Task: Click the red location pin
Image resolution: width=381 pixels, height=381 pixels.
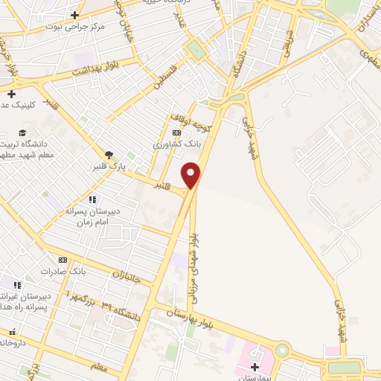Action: click(192, 176)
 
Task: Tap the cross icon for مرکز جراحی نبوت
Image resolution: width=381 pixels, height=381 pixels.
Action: click(74, 15)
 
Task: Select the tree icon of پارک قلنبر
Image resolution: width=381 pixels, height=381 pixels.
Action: click(109, 155)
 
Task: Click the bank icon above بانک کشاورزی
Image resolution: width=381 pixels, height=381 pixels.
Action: click(176, 132)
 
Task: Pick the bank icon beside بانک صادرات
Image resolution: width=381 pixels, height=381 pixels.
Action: click(63, 260)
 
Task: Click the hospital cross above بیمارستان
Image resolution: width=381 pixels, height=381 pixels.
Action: click(256, 367)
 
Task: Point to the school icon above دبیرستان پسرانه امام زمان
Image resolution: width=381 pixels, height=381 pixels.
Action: click(92, 199)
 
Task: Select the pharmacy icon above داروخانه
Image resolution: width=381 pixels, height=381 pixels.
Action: click(11, 333)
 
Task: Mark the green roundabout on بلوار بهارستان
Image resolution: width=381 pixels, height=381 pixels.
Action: click(281, 350)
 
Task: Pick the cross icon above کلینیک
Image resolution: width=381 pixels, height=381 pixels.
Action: click(11, 93)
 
